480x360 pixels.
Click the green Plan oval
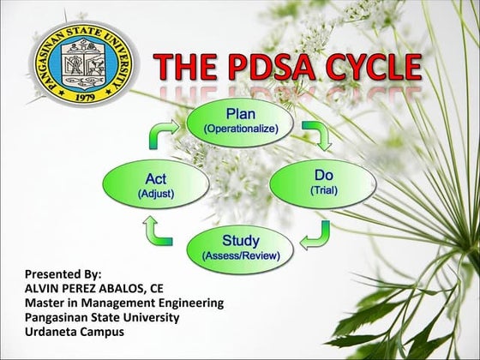240,119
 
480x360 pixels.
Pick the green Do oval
323,182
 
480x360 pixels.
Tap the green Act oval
156,184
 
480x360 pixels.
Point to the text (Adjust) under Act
156,194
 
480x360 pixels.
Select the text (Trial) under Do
323,190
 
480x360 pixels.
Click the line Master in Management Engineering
124,303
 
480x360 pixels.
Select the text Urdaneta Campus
74,331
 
